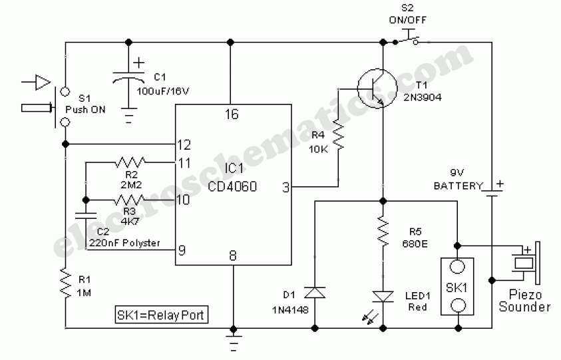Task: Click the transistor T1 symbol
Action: tap(376, 87)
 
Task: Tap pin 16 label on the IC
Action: tap(231, 114)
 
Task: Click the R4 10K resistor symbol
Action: tap(338, 136)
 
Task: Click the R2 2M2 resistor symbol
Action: tap(129, 161)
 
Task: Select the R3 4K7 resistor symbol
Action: tap(129, 200)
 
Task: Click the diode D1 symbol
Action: tap(313, 293)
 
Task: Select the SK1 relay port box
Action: tap(458, 286)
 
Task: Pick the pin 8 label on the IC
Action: tap(232, 254)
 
